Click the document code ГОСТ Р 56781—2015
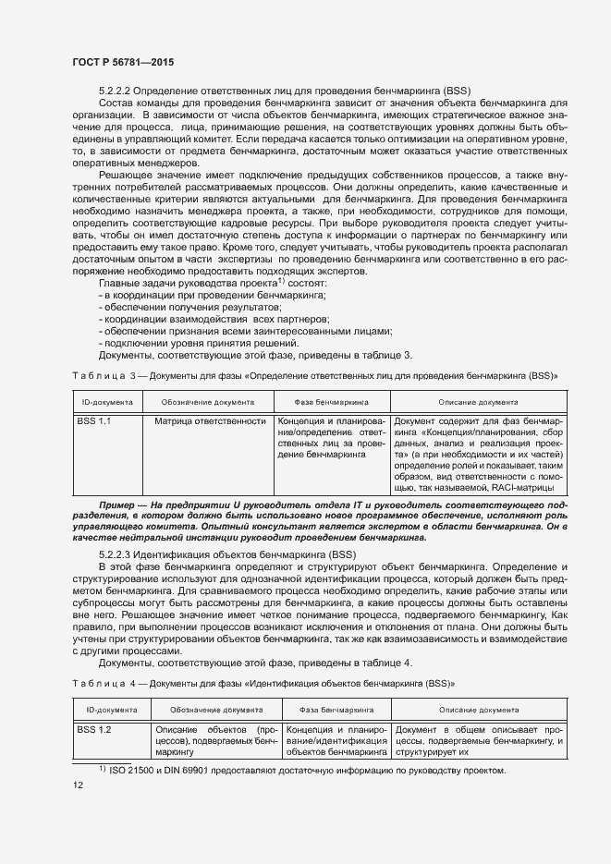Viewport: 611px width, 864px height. click(122, 61)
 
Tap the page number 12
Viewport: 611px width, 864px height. click(78, 785)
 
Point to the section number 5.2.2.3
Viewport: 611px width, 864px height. click(116, 552)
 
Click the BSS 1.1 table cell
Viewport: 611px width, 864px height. click(93, 421)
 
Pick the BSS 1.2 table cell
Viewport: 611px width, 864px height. click(93, 730)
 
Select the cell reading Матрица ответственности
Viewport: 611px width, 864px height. click(210, 421)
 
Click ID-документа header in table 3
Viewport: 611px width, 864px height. click(108, 403)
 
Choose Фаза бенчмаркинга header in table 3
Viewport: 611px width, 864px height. click(331, 403)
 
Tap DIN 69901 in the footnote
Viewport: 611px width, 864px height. click(189, 770)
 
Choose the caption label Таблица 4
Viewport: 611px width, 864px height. click(104, 685)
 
